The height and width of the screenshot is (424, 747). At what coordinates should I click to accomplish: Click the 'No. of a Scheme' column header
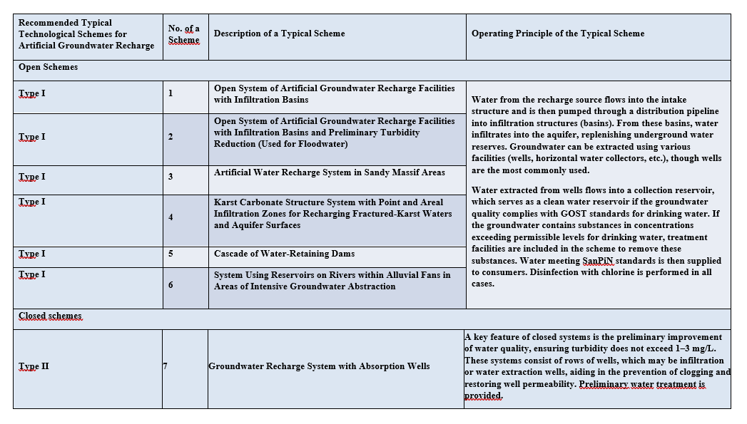coord(183,34)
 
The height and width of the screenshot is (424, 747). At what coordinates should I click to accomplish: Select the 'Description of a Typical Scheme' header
coord(279,33)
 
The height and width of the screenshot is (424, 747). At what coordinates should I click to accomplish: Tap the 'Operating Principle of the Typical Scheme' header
coord(558,33)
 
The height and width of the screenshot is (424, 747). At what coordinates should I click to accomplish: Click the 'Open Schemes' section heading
coord(48,67)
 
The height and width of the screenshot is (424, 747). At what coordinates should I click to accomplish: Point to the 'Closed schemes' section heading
coord(50,316)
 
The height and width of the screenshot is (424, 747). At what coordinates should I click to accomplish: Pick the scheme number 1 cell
coord(171,93)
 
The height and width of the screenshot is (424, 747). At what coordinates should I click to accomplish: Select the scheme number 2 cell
coord(171,136)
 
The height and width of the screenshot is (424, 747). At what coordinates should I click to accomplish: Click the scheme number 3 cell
coord(171,176)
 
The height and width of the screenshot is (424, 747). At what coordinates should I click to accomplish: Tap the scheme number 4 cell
coord(171,217)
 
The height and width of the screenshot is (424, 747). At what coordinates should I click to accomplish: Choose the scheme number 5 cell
coord(171,254)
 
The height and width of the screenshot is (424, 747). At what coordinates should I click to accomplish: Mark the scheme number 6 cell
coord(171,284)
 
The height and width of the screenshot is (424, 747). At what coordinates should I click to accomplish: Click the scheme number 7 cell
coord(166,366)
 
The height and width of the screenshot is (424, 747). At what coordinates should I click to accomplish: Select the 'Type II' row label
coord(34,366)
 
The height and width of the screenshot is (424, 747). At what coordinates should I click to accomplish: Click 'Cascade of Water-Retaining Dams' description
coord(284,254)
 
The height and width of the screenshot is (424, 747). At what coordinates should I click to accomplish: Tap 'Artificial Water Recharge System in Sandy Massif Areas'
coord(329,172)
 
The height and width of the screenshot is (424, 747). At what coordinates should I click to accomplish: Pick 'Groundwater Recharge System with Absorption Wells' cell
coord(319,366)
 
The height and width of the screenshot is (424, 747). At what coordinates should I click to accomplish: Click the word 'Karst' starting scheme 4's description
coord(226,202)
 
